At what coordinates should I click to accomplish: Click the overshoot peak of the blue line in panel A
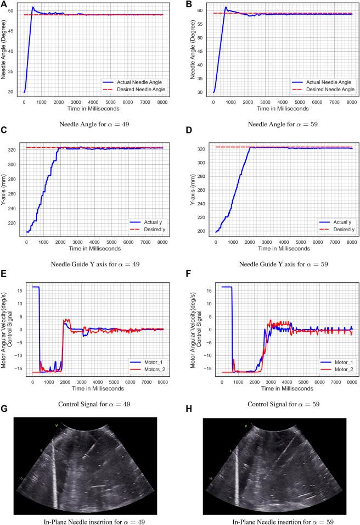point(33,8)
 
